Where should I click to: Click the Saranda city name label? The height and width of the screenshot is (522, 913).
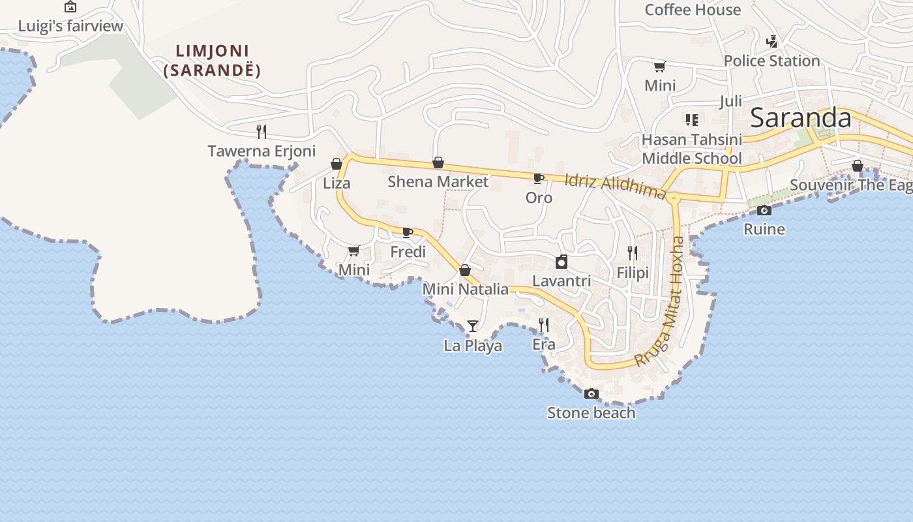(800, 118)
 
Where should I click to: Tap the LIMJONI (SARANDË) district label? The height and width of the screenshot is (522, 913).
(212, 61)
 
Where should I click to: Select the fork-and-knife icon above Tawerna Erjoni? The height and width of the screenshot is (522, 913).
(261, 131)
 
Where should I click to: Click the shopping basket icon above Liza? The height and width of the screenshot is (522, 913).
(337, 164)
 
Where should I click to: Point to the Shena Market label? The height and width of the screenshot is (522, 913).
(438, 181)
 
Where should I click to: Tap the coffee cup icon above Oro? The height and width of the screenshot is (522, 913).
(538, 178)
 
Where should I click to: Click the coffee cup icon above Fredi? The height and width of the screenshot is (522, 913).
(408, 232)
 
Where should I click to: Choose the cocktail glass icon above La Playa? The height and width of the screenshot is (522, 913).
(473, 326)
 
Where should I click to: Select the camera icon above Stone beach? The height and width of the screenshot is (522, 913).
(591, 393)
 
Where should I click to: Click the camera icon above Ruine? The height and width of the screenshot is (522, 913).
(764, 210)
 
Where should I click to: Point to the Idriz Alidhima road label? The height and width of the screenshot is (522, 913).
(615, 185)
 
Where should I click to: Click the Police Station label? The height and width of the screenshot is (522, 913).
(771, 61)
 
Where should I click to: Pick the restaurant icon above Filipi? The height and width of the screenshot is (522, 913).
(632, 253)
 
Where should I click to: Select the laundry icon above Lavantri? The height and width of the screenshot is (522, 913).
(561, 262)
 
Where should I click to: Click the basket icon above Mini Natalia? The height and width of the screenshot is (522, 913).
(465, 270)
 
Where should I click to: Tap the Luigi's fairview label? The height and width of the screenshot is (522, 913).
(70, 26)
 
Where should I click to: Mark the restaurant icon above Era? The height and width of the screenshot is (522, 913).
(543, 324)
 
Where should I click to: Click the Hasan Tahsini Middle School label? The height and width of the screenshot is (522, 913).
(692, 149)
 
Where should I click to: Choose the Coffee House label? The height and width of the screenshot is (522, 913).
(693, 10)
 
